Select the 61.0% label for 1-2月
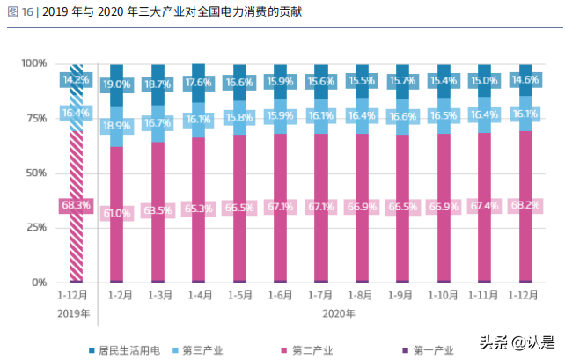point(117,213)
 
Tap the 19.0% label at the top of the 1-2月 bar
point(117,84)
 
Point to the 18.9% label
point(117,126)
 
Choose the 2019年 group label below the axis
point(74,314)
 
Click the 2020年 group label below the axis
point(338,314)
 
